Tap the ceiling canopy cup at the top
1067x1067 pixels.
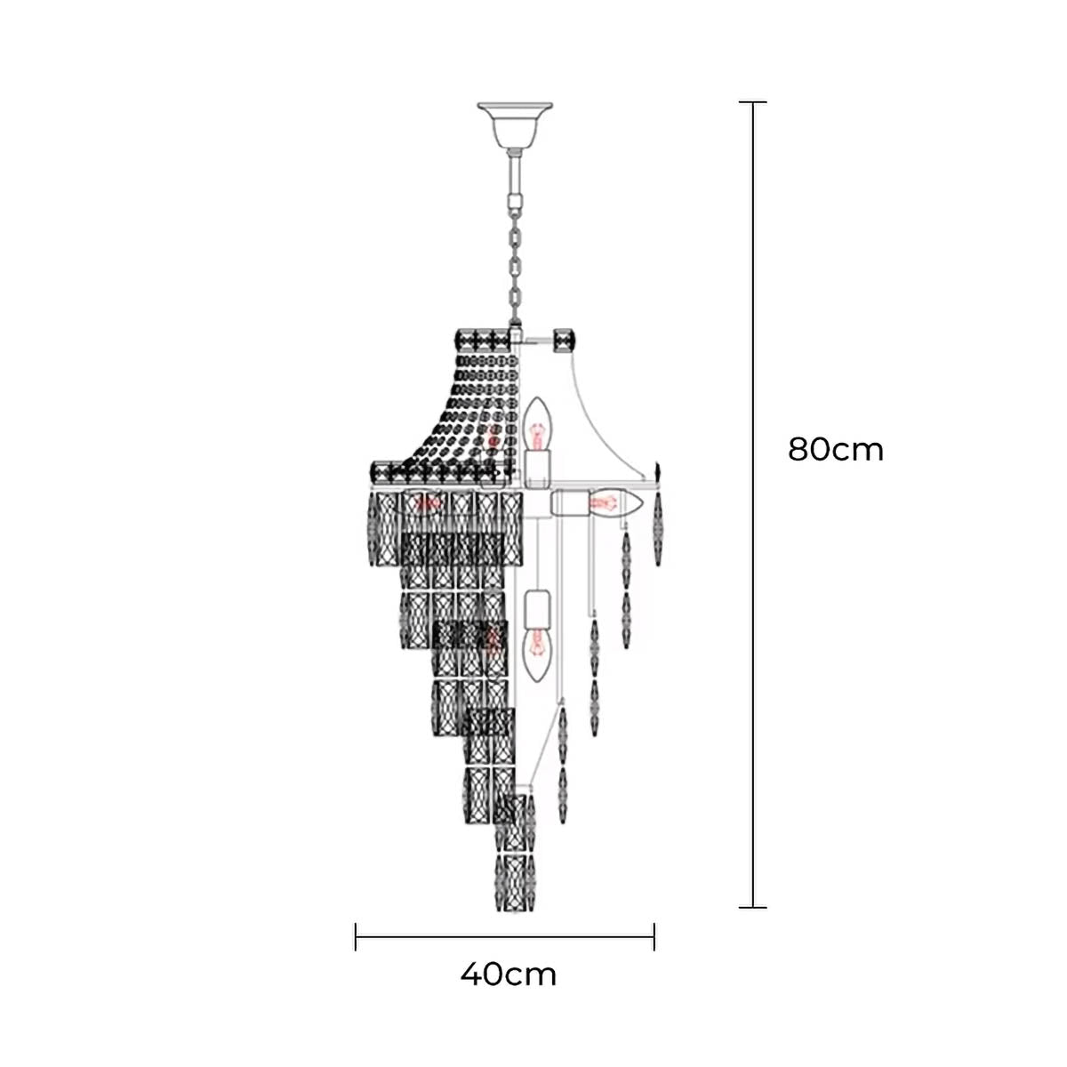point(515,124)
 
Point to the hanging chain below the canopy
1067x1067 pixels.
point(516,265)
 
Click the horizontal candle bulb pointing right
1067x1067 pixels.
point(615,502)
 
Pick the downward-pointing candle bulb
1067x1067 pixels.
point(537,655)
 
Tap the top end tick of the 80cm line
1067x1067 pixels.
point(752,102)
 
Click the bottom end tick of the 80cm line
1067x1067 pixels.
point(752,908)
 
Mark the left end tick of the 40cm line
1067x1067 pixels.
point(356,936)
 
